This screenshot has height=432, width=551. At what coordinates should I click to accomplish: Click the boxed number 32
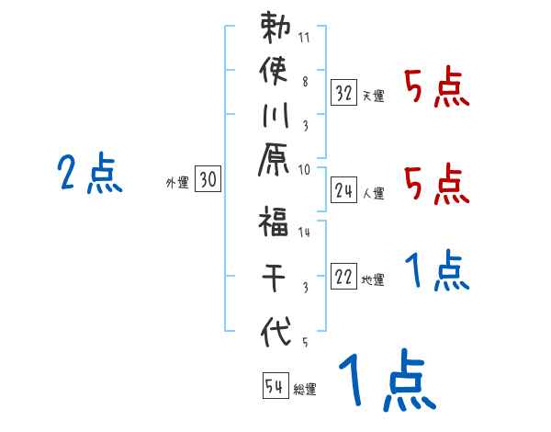(344, 93)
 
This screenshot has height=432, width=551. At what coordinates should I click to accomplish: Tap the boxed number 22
(344, 278)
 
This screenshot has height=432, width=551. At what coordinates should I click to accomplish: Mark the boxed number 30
(208, 181)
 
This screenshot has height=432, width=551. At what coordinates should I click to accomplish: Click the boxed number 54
(274, 385)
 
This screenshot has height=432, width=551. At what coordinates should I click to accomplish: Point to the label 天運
(373, 96)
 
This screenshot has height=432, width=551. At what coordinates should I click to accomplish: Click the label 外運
(177, 183)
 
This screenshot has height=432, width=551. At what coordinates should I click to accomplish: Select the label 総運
(305, 388)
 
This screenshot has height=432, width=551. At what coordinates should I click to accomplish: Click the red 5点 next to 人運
(436, 185)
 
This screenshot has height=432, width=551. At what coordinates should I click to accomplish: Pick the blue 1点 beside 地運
(436, 271)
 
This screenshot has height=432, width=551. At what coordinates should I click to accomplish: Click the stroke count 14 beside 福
(304, 233)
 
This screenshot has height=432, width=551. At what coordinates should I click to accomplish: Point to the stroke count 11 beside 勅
(304, 39)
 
